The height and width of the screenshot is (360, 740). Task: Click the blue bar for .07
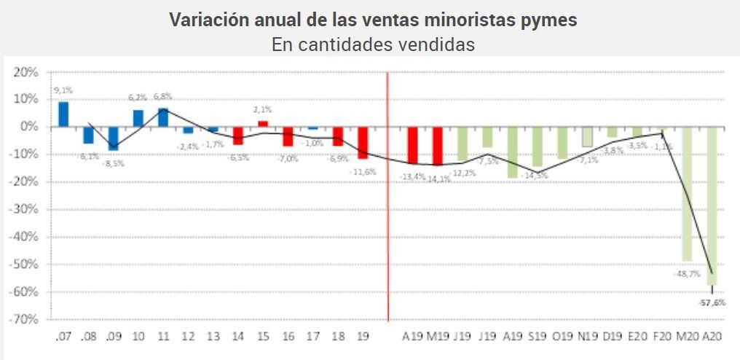click(63, 114)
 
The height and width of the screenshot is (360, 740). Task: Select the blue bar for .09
click(113, 138)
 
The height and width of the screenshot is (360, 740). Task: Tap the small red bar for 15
click(263, 124)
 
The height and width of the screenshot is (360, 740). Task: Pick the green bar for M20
click(687, 193)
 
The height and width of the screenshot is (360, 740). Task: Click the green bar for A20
click(712, 206)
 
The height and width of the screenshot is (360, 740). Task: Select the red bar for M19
click(437, 146)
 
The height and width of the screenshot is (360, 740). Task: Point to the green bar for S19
click(537, 146)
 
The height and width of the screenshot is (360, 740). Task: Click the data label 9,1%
click(63, 91)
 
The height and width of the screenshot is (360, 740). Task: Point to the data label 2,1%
click(263, 109)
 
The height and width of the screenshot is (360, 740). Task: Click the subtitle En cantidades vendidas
click(373, 44)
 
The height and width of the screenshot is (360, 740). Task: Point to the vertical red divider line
click(387, 197)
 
